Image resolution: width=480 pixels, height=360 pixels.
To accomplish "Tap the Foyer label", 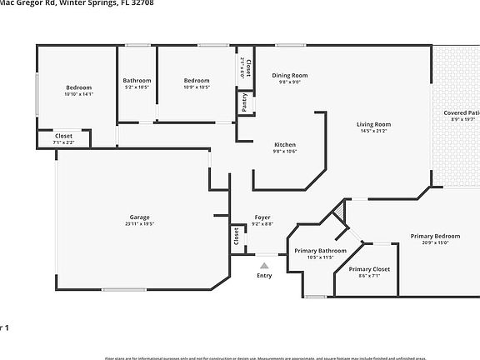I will click(x=262, y=217).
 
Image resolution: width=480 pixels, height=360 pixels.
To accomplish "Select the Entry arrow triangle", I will click(x=264, y=266).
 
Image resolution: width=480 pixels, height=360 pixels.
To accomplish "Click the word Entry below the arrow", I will click(x=264, y=276).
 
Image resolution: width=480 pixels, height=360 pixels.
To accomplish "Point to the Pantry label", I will click(x=244, y=102).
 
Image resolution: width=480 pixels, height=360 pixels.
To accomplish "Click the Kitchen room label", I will click(x=285, y=145).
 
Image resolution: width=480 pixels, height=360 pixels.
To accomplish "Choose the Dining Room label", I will click(x=290, y=76).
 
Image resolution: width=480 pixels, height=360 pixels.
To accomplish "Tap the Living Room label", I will click(x=374, y=124).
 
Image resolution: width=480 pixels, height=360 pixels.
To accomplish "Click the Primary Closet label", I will click(x=369, y=269).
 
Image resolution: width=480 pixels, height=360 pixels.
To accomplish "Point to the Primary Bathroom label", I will click(x=320, y=251).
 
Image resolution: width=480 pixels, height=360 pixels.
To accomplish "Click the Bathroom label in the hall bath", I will click(x=137, y=80).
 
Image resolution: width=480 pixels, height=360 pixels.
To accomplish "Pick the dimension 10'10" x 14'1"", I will click(x=79, y=94).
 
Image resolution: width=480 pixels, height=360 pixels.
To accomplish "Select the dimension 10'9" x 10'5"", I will click(x=197, y=87).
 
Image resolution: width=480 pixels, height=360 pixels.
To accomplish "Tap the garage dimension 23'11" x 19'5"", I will click(x=140, y=223).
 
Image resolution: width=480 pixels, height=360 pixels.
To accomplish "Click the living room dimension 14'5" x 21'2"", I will click(x=374, y=131).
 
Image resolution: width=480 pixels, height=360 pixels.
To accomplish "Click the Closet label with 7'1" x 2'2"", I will click(x=63, y=136).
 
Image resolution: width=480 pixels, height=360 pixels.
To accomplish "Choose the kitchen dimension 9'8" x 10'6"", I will click(x=285, y=152).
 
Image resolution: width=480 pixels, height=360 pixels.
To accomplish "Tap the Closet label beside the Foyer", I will click(x=237, y=237).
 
